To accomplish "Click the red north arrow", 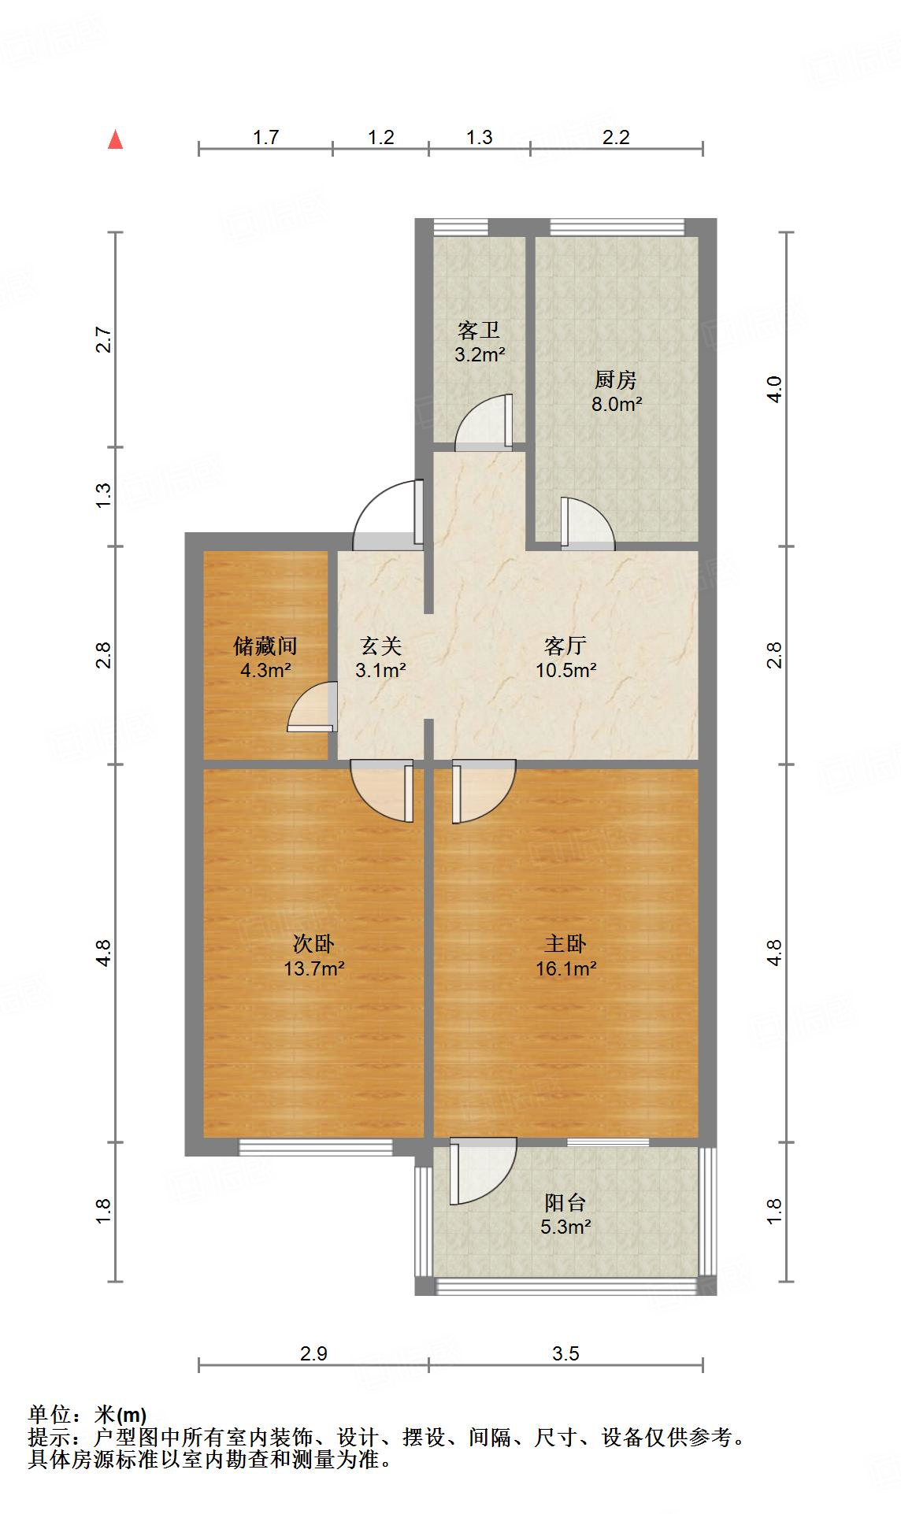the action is (116, 139).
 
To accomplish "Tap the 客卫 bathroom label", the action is (479, 331).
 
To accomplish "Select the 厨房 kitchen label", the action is (616, 380).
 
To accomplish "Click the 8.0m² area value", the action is (617, 405).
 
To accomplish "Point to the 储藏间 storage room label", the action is (265, 646).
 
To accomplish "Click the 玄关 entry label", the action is (381, 646).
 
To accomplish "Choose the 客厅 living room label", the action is (565, 646).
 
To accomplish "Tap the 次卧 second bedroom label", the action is (314, 943).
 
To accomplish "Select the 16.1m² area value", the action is (565, 968).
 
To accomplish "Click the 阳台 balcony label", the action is (565, 1202).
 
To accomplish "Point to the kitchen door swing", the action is (587, 523).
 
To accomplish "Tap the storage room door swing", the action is (313, 707).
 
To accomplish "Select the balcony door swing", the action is (483, 1172).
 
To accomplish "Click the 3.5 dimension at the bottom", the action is (565, 1353).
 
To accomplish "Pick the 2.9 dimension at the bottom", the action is (313, 1353).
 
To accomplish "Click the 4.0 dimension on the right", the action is (775, 390).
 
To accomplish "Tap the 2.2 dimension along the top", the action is (616, 137).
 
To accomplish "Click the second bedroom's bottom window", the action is (315, 1147).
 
